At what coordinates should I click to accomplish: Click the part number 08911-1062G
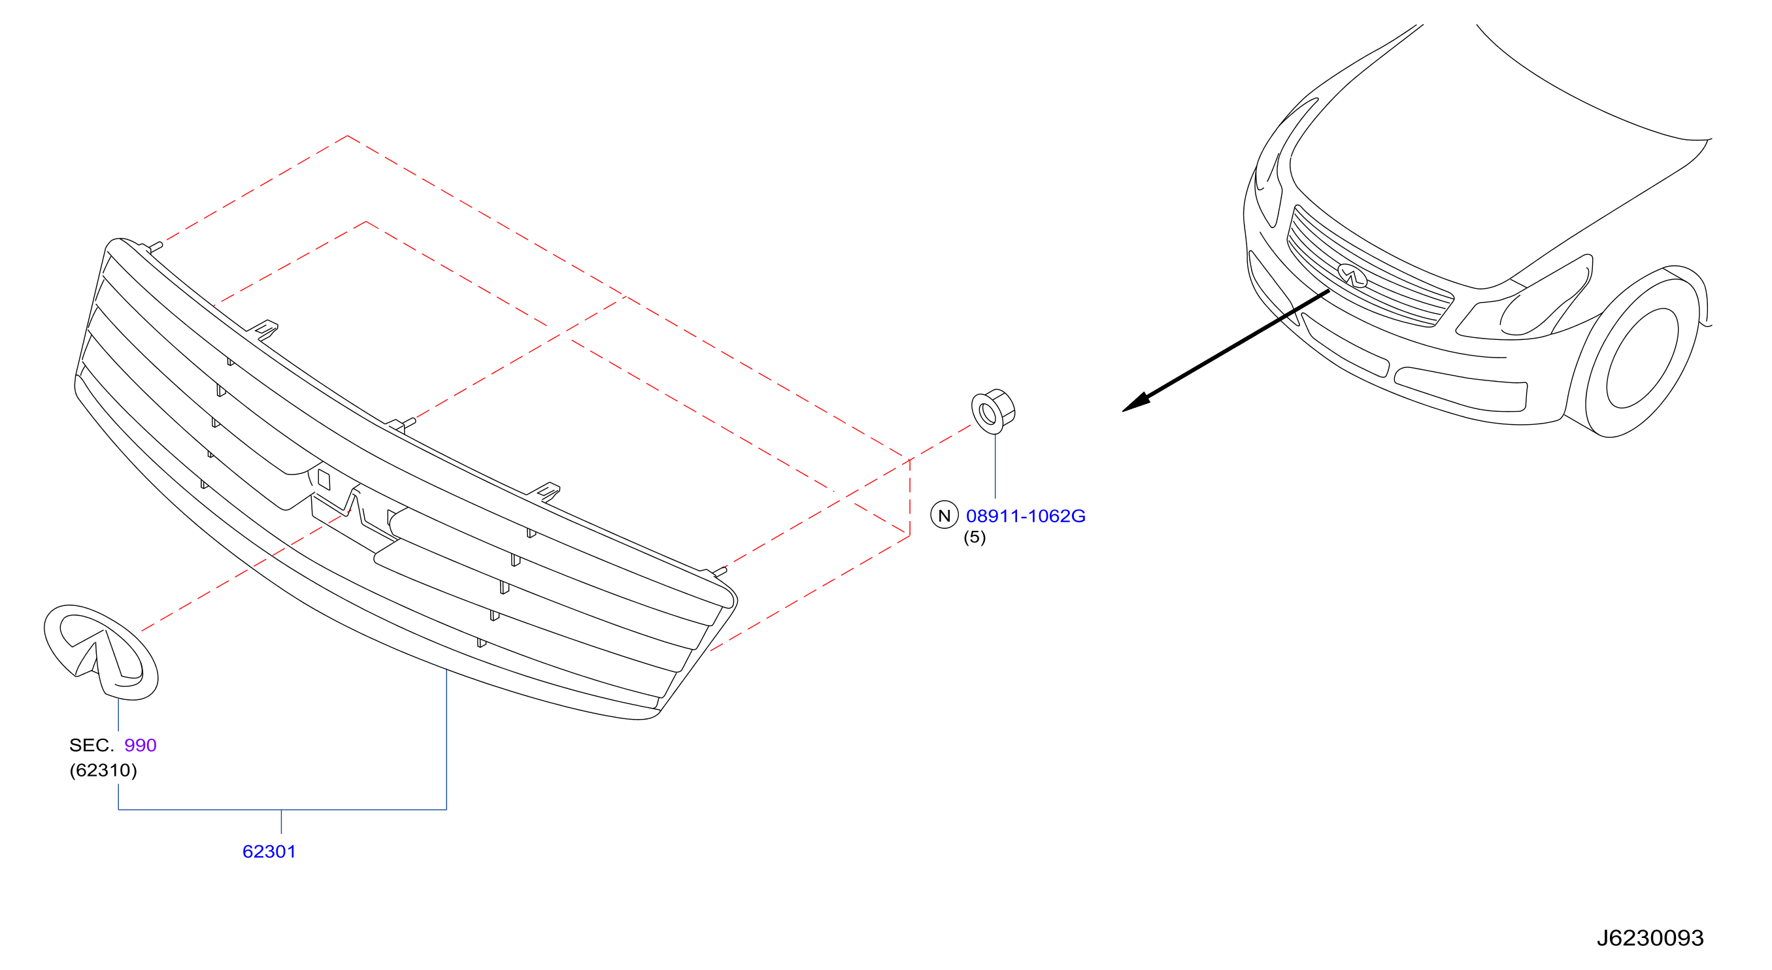tap(1025, 516)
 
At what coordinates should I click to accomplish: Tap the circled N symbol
tap(945, 514)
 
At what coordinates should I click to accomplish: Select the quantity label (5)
tap(974, 537)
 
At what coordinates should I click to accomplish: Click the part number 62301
tap(269, 852)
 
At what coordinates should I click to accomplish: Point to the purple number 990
tap(141, 745)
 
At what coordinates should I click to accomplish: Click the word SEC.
tap(92, 745)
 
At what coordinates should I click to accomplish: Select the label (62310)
tap(103, 770)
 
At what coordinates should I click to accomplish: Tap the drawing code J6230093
tap(1650, 938)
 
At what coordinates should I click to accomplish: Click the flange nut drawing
tap(993, 410)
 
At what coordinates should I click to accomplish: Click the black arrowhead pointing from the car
tap(1137, 403)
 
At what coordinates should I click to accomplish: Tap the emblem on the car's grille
tap(1352, 275)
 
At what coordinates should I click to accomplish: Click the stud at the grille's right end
tap(718, 571)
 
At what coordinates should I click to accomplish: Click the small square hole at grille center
tap(324, 480)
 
